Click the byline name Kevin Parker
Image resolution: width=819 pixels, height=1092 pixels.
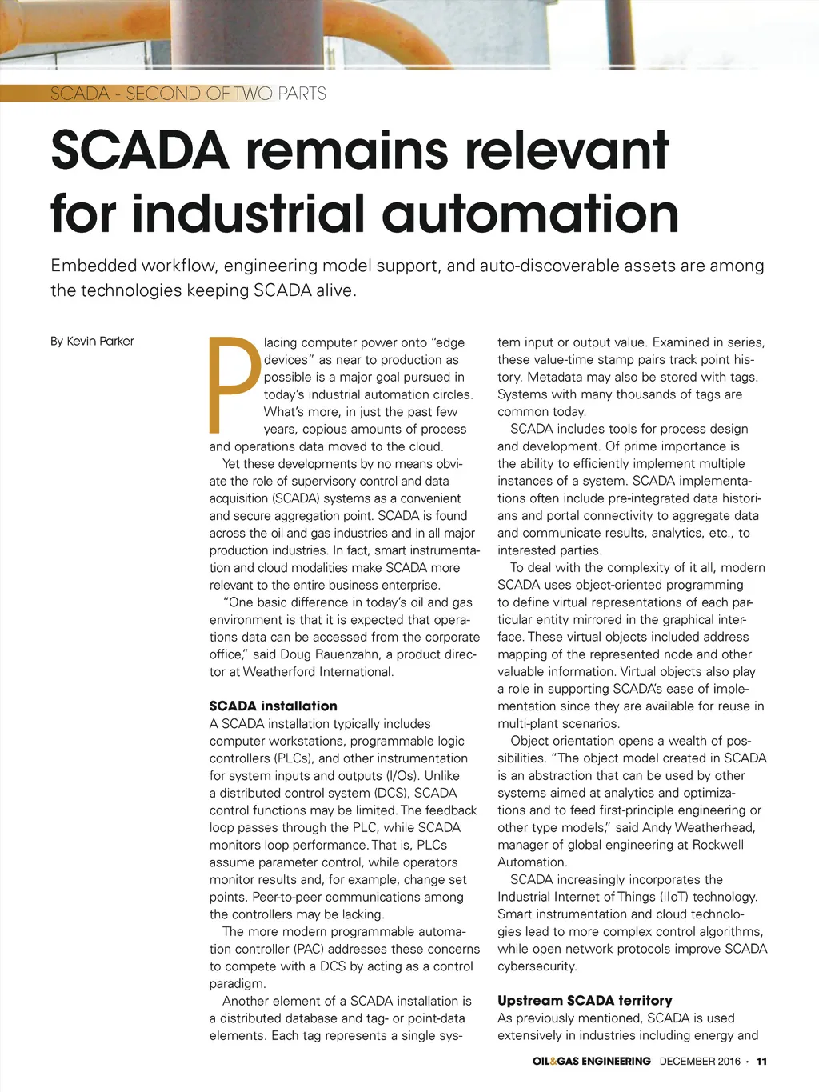100,341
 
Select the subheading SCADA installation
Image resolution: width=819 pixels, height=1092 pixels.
273,706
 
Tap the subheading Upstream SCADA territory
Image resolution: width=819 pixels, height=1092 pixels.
585,1000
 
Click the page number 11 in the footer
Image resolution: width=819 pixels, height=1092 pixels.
761,1061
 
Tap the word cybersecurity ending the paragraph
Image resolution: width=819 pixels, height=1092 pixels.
536,966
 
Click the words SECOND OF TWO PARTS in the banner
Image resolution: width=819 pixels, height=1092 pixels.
226,94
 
